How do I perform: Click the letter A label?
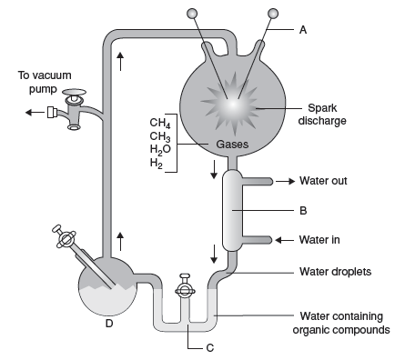[x=303, y=30]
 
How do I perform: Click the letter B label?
[x=303, y=210]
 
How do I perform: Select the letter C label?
[x=210, y=348]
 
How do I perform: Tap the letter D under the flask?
[x=109, y=324]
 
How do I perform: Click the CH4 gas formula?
[x=160, y=123]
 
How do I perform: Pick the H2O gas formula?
[x=160, y=149]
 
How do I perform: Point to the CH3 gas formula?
[x=160, y=136]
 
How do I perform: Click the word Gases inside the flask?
[x=232, y=145]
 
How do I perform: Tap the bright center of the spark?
[x=233, y=105]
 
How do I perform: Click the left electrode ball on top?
[x=192, y=14]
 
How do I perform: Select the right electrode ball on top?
[x=273, y=14]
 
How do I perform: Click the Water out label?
[x=323, y=181]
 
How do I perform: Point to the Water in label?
[x=319, y=240]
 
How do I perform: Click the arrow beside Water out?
[x=285, y=181]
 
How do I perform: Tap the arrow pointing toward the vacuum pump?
[x=35, y=113]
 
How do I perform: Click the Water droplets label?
[x=335, y=272]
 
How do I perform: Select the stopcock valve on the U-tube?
[x=185, y=288]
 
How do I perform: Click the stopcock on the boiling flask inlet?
[x=65, y=237]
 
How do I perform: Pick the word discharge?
[x=322, y=121]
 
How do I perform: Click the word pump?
[x=43, y=89]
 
